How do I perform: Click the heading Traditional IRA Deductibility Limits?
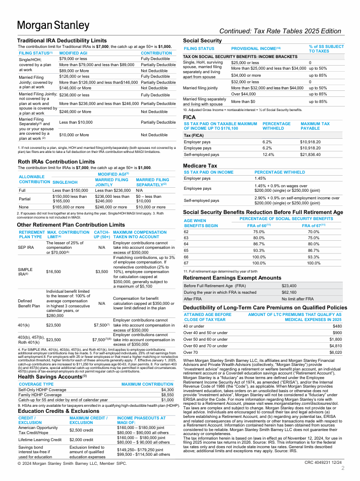coord(62,40)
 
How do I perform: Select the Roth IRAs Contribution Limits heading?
coord(56,162)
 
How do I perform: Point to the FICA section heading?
coord(190,117)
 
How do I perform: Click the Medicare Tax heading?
coord(200,165)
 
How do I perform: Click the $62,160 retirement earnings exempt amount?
coord(289,292)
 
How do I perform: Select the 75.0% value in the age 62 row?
coord(259,231)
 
